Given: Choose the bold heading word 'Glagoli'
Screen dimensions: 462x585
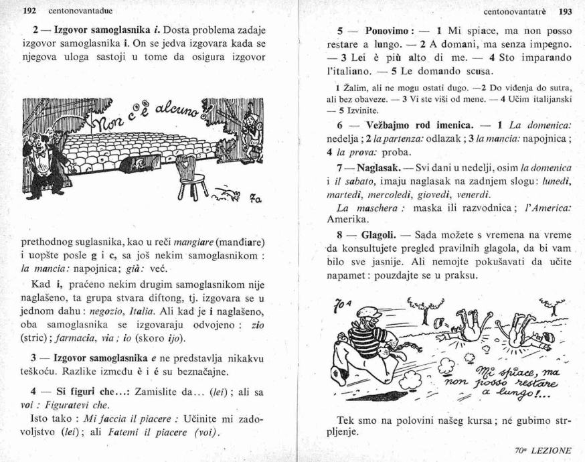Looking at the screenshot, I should tap(380, 234).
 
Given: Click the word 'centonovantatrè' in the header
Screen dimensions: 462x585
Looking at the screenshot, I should tap(519, 11).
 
